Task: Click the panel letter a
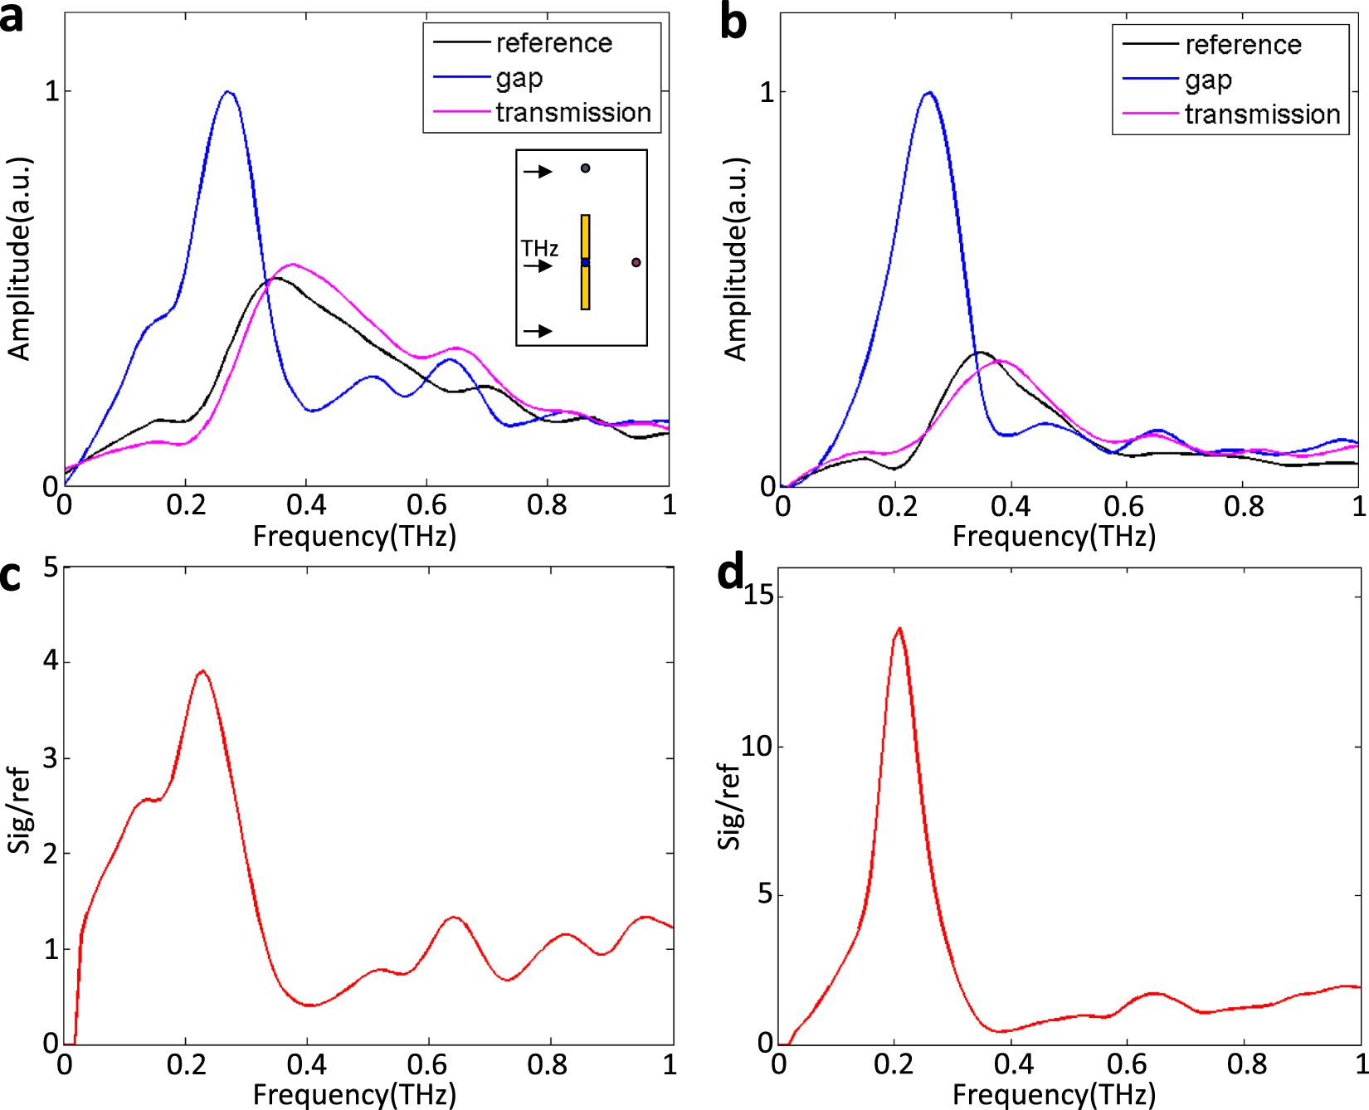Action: (12, 18)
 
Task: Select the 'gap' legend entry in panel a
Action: (519, 78)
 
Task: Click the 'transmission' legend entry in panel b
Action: (1261, 114)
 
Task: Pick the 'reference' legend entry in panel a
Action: (553, 43)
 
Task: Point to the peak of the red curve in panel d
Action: (899, 629)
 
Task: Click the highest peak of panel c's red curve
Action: (202, 671)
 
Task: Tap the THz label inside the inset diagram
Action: (539, 248)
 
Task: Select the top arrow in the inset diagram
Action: (538, 172)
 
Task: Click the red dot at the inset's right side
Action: (636, 262)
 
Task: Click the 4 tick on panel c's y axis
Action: (51, 661)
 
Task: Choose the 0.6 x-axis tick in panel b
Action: (1123, 505)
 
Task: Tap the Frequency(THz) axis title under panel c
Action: (354, 1093)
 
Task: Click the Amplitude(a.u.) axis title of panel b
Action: (735, 259)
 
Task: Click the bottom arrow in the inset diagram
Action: (538, 331)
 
